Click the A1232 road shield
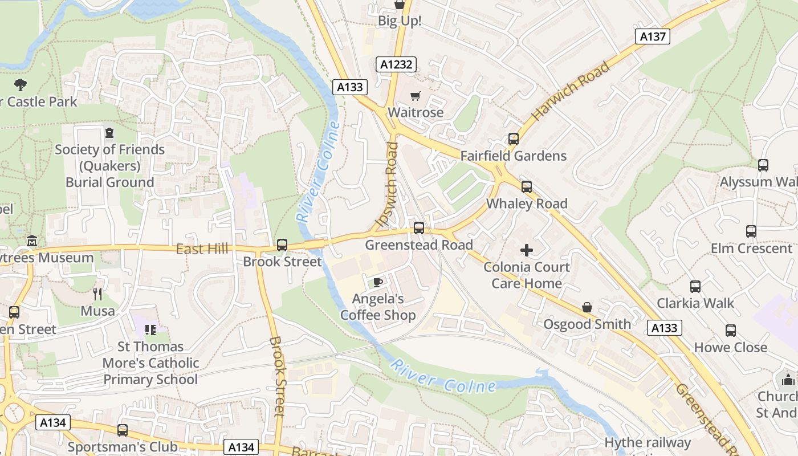pos(396,64)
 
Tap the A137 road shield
pos(653,36)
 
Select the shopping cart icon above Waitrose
pos(416,96)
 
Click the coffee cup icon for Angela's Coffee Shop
pos(377,282)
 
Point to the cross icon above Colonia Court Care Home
pos(526,250)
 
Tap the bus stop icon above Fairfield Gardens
pos(513,139)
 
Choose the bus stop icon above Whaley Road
pos(526,187)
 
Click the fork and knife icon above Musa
pos(97,294)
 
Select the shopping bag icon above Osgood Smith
pos(587,308)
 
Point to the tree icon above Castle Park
pos(21,85)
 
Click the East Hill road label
pos(202,249)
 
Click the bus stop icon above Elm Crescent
pos(751,231)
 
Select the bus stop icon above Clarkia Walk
pos(695,286)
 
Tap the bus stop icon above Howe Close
pos(731,331)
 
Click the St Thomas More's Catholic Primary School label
pos(150,363)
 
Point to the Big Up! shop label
pos(400,21)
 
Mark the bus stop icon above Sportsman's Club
pos(123,430)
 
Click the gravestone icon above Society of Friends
pos(109,133)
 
